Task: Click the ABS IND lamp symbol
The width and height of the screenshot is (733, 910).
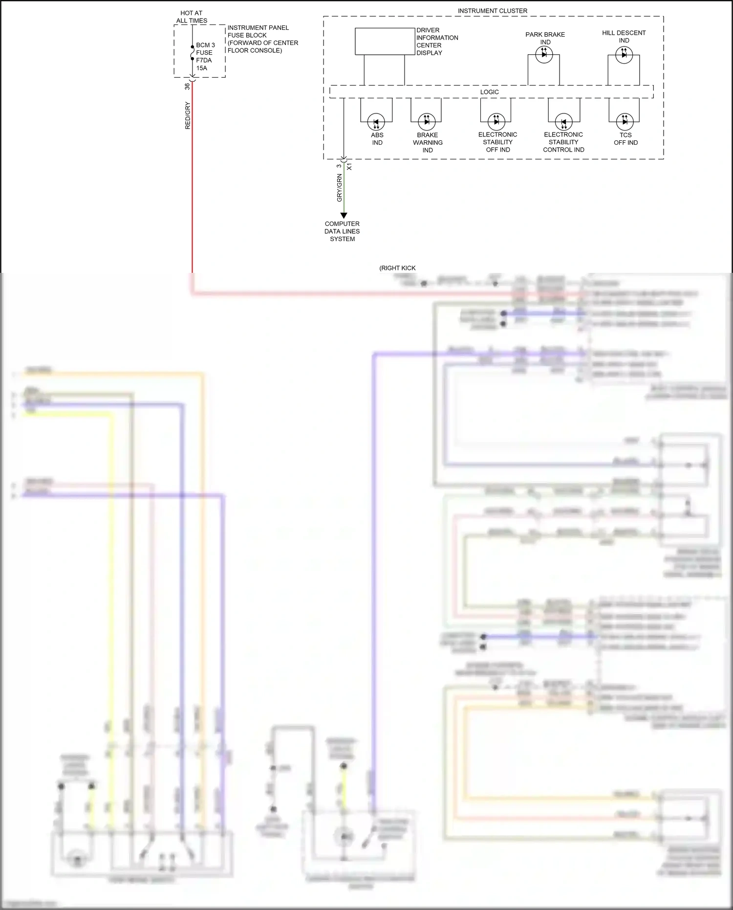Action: tap(376, 122)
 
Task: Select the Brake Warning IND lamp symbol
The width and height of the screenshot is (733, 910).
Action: tap(427, 122)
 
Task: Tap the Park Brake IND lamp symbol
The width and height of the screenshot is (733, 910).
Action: tap(544, 54)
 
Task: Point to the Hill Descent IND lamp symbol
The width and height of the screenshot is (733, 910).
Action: tap(624, 54)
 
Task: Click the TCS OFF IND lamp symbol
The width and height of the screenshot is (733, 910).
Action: tap(625, 122)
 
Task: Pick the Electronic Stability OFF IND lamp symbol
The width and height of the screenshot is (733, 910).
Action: tap(496, 122)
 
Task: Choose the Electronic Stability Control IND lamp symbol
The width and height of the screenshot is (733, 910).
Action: tap(563, 122)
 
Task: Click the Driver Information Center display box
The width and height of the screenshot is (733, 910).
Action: tap(385, 41)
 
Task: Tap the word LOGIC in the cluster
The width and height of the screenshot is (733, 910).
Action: tap(489, 92)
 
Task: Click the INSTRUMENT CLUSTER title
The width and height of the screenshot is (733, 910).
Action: tap(492, 11)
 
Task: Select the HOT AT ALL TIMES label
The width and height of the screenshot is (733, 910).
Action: tap(192, 17)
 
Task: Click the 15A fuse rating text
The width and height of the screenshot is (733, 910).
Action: tap(201, 68)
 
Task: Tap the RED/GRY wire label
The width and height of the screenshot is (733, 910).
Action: tap(188, 115)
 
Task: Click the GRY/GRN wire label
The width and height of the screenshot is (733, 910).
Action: tap(340, 188)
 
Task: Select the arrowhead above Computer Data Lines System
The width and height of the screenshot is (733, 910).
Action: tap(344, 215)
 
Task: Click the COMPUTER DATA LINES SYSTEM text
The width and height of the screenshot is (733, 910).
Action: tap(342, 231)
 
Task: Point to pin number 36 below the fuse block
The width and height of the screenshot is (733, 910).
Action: tap(187, 86)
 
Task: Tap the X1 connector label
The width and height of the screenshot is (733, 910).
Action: tap(349, 167)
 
